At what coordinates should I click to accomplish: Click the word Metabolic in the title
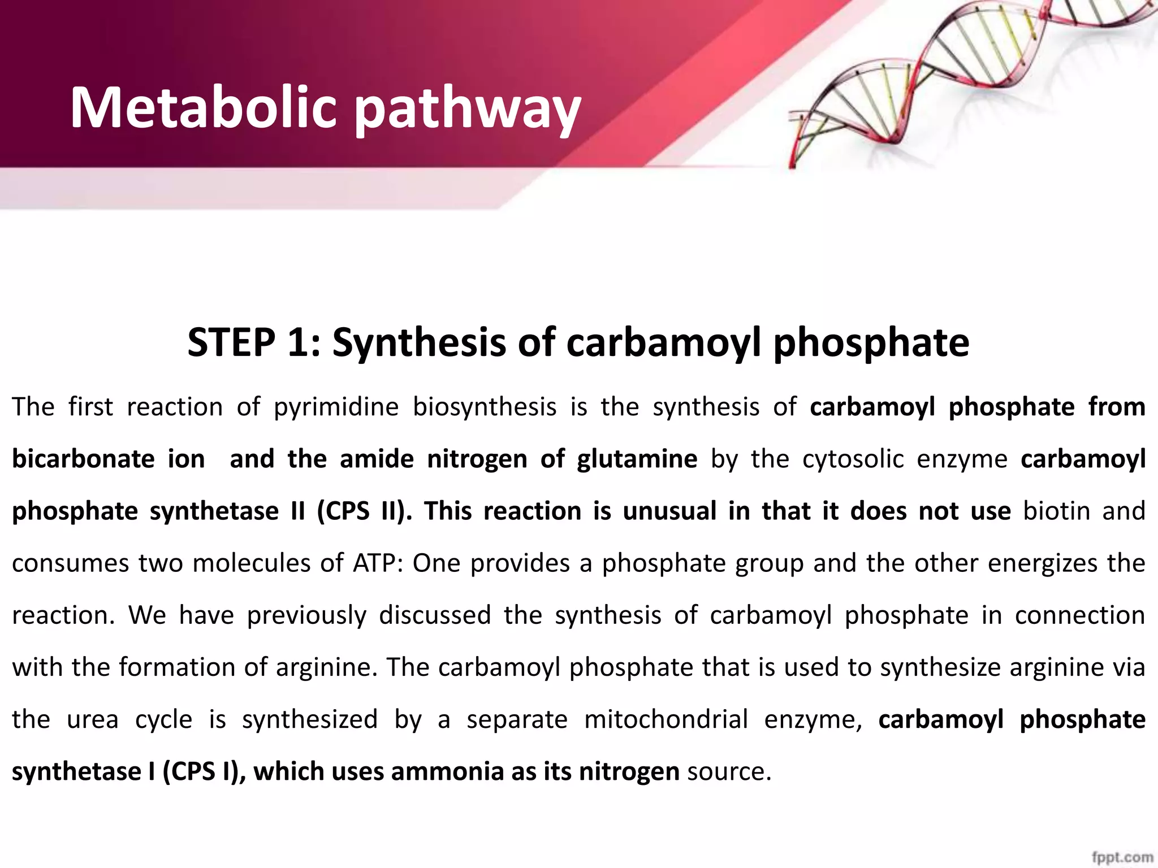[x=203, y=107]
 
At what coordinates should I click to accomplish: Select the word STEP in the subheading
[x=231, y=342]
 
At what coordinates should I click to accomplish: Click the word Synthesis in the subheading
[x=419, y=344]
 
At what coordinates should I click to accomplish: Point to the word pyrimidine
[x=336, y=407]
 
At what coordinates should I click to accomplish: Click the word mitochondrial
[x=666, y=720]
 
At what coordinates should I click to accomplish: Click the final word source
[x=729, y=772]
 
